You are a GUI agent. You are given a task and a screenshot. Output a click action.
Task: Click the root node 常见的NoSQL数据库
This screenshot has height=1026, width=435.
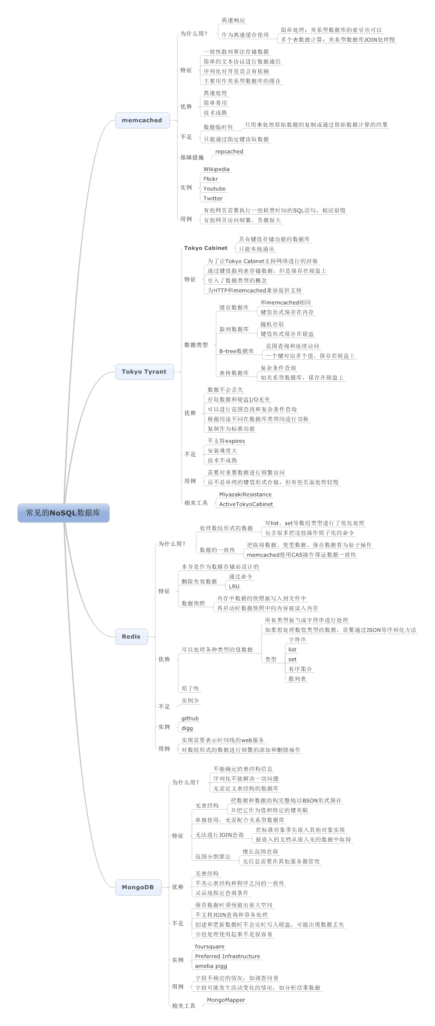click(x=63, y=513)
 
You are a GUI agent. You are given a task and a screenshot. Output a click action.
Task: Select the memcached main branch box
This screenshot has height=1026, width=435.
click(x=142, y=120)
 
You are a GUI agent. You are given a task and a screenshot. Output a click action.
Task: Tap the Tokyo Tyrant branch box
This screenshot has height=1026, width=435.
click(x=144, y=372)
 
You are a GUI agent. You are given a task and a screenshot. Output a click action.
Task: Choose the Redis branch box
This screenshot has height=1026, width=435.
click(x=131, y=636)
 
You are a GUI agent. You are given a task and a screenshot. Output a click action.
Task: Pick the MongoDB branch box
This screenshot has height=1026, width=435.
click(x=138, y=887)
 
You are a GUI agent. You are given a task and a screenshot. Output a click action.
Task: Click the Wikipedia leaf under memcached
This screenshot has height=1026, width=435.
click(x=216, y=169)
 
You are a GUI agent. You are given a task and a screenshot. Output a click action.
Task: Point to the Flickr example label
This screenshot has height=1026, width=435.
click(x=210, y=179)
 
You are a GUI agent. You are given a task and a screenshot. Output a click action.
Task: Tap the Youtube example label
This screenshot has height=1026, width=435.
click(x=214, y=189)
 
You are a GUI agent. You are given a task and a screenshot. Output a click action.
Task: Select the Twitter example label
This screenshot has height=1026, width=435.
click(x=213, y=198)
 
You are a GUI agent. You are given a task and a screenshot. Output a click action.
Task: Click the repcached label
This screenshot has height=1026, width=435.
click(x=229, y=152)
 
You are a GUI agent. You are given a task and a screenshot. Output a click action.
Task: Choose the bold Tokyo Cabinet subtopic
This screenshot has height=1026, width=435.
click(x=206, y=248)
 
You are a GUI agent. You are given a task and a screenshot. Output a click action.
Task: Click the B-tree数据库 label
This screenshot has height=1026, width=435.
click(x=236, y=351)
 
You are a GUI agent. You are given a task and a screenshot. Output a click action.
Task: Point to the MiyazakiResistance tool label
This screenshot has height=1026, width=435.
click(x=245, y=494)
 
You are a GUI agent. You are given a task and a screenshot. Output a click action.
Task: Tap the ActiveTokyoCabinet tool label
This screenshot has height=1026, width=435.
click(x=246, y=504)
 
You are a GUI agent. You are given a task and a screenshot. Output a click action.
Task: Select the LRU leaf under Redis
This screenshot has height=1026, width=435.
click(x=234, y=586)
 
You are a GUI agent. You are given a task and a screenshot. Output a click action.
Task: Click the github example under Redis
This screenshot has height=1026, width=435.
click(x=190, y=718)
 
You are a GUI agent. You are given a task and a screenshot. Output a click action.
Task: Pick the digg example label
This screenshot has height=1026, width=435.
click(x=187, y=728)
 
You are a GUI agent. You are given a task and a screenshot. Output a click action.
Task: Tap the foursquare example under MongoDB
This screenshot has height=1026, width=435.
click(x=210, y=946)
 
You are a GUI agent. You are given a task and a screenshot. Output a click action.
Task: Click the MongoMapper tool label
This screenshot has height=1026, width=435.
click(x=226, y=1000)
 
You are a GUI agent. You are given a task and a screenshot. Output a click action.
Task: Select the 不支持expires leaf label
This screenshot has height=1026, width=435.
click(x=226, y=441)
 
